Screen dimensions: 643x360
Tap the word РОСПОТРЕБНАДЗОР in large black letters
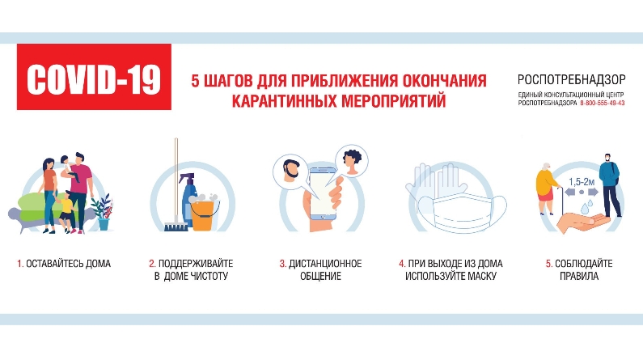(571, 79)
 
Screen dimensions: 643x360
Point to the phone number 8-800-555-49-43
(602, 104)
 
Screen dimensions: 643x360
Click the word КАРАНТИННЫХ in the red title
(284, 100)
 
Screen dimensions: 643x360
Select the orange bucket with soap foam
(203, 214)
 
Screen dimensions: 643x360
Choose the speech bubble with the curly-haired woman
(351, 161)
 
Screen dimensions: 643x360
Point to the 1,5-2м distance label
(581, 182)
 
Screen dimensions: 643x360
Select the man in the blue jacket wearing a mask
(610, 185)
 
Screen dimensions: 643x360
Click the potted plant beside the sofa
(103, 212)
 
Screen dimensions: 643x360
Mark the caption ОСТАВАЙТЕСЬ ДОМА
(69, 264)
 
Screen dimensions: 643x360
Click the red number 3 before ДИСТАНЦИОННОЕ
(282, 264)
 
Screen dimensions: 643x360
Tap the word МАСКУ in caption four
(482, 277)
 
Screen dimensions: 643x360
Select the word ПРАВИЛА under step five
(579, 277)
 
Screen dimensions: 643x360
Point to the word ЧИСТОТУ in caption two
(207, 277)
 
